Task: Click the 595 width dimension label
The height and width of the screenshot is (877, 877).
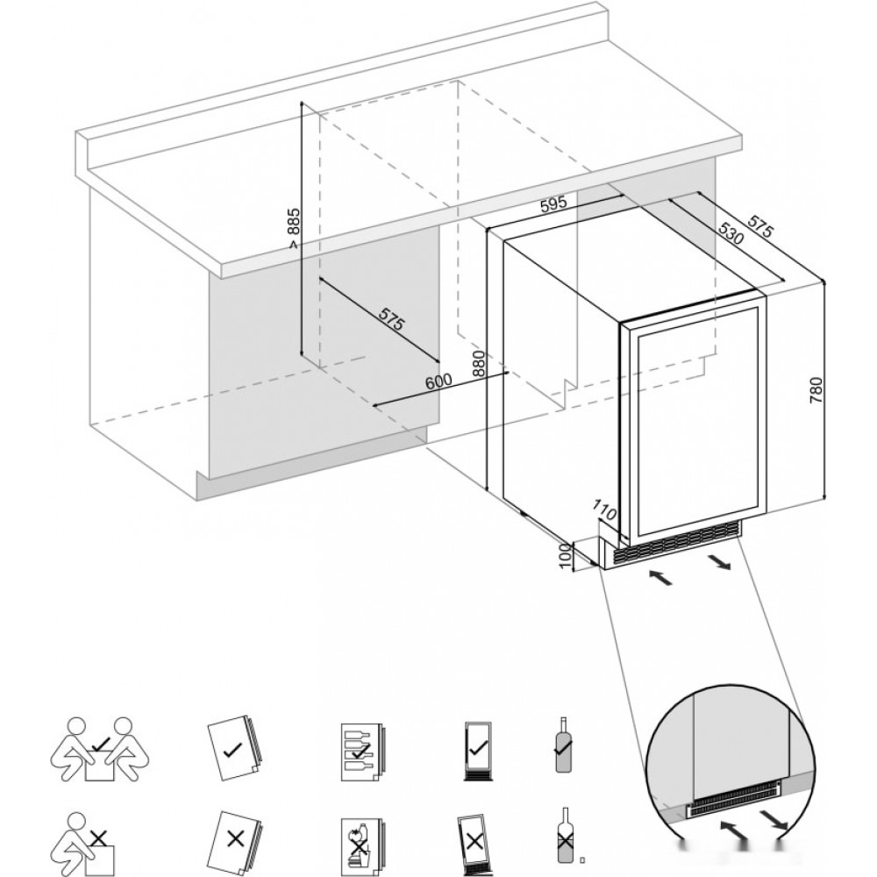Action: (553, 204)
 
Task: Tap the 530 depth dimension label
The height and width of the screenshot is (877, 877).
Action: (731, 234)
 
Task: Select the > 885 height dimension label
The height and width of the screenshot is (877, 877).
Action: (294, 228)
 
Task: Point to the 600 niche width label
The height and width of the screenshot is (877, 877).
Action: (438, 382)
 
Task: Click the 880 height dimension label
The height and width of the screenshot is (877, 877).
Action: (479, 365)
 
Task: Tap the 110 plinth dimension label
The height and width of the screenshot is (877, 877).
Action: (604, 511)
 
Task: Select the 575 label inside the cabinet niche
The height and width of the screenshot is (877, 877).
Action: (391, 319)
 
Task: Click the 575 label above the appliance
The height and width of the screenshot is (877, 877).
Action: (760, 224)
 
